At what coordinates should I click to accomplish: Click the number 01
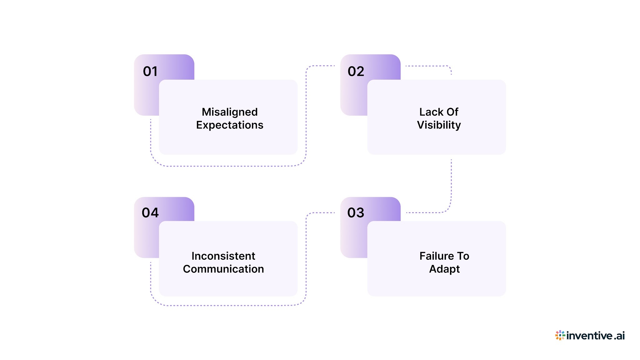click(x=150, y=72)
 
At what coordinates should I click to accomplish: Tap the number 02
click(x=356, y=72)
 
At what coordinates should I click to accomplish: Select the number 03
click(x=356, y=213)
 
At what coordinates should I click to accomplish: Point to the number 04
click(x=150, y=213)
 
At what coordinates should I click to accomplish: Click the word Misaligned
click(x=230, y=112)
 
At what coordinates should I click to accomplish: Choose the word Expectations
click(x=230, y=125)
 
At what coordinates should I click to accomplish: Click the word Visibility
click(x=439, y=125)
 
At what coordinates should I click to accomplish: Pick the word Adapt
click(x=444, y=269)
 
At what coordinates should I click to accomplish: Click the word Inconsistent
click(x=223, y=256)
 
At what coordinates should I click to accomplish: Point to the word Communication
click(x=223, y=269)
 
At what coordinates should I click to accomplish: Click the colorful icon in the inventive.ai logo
click(x=560, y=335)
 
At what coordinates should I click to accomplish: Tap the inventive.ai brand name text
click(x=595, y=336)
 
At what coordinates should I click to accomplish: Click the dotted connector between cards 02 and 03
click(x=451, y=184)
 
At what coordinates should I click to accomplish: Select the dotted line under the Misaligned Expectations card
click(x=228, y=166)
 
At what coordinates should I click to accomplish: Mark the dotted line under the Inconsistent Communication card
click(x=228, y=305)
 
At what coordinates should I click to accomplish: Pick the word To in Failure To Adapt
click(x=463, y=256)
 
